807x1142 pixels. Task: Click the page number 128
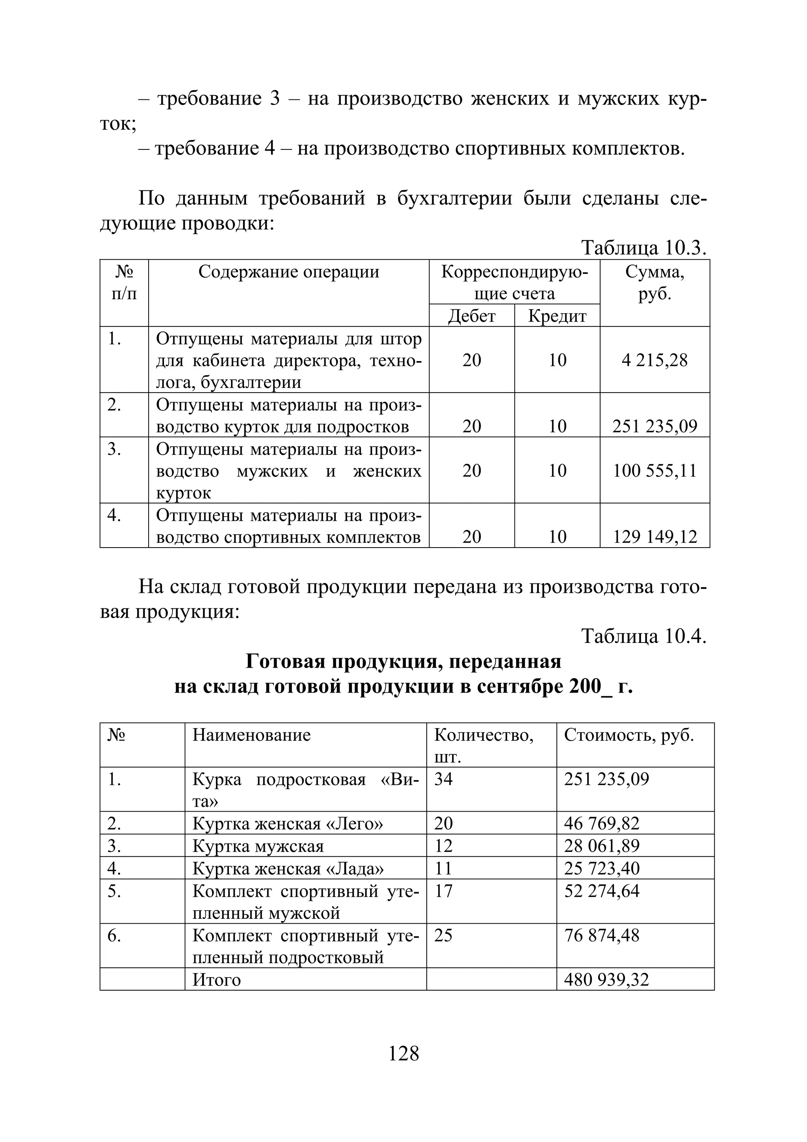[x=403, y=1053]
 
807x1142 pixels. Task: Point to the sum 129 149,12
[x=655, y=536]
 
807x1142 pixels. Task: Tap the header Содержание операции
[x=288, y=272]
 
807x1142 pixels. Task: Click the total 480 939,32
[x=606, y=979]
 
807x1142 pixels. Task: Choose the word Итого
[x=216, y=979]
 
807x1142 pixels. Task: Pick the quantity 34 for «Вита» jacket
[x=444, y=779]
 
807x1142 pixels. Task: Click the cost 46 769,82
[x=601, y=823]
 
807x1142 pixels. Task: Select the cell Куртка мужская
[x=258, y=846]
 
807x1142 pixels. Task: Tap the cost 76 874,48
[x=601, y=935]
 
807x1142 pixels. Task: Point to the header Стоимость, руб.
[x=628, y=735]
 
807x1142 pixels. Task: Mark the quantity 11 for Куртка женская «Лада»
[x=443, y=868]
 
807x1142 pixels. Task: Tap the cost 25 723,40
[x=601, y=868]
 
